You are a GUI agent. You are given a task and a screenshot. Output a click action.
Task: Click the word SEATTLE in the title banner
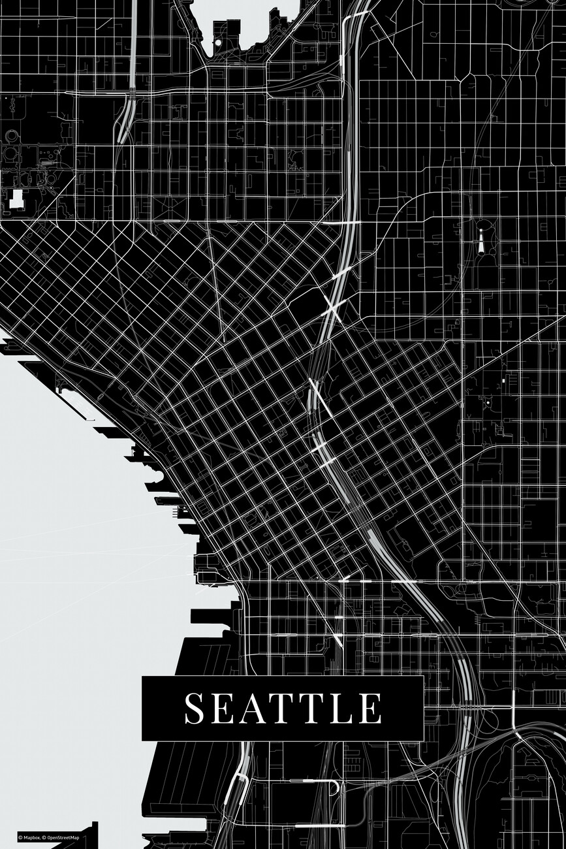pos(283,708)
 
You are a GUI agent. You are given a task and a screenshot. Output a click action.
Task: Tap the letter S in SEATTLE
pos(194,709)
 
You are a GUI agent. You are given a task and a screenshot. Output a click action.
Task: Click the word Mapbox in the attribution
pos(32,838)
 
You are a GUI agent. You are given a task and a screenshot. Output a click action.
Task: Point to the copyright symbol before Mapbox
pos(20,838)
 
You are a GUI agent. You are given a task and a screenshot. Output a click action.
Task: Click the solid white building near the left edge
pos(16,199)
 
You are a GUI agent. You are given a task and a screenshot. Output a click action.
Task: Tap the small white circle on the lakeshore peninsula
pos(217,42)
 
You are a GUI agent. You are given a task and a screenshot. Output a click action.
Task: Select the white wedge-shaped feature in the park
pos(481,244)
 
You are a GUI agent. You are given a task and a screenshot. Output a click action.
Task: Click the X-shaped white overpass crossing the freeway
pos(333,307)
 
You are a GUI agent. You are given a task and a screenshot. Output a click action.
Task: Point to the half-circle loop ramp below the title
pos(334,787)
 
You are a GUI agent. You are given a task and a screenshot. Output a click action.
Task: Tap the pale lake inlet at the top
pos(245,16)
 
